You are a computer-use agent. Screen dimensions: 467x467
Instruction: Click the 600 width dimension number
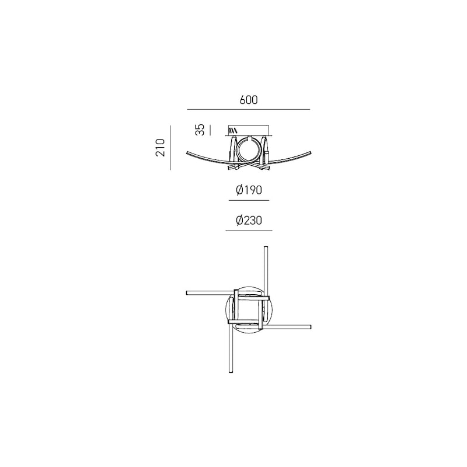249,100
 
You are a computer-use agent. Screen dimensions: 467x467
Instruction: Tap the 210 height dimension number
160,148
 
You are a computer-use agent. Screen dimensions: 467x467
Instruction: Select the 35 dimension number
201,130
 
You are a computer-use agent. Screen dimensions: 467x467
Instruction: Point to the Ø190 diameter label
249,190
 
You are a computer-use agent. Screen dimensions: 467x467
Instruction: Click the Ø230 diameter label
249,221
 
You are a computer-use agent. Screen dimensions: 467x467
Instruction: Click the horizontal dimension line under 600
249,110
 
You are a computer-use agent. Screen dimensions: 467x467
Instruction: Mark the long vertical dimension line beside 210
170,148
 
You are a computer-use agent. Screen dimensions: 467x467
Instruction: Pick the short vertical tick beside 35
210,130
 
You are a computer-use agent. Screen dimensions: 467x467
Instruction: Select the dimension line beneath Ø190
249,200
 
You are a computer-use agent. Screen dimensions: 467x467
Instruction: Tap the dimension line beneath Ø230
249,231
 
